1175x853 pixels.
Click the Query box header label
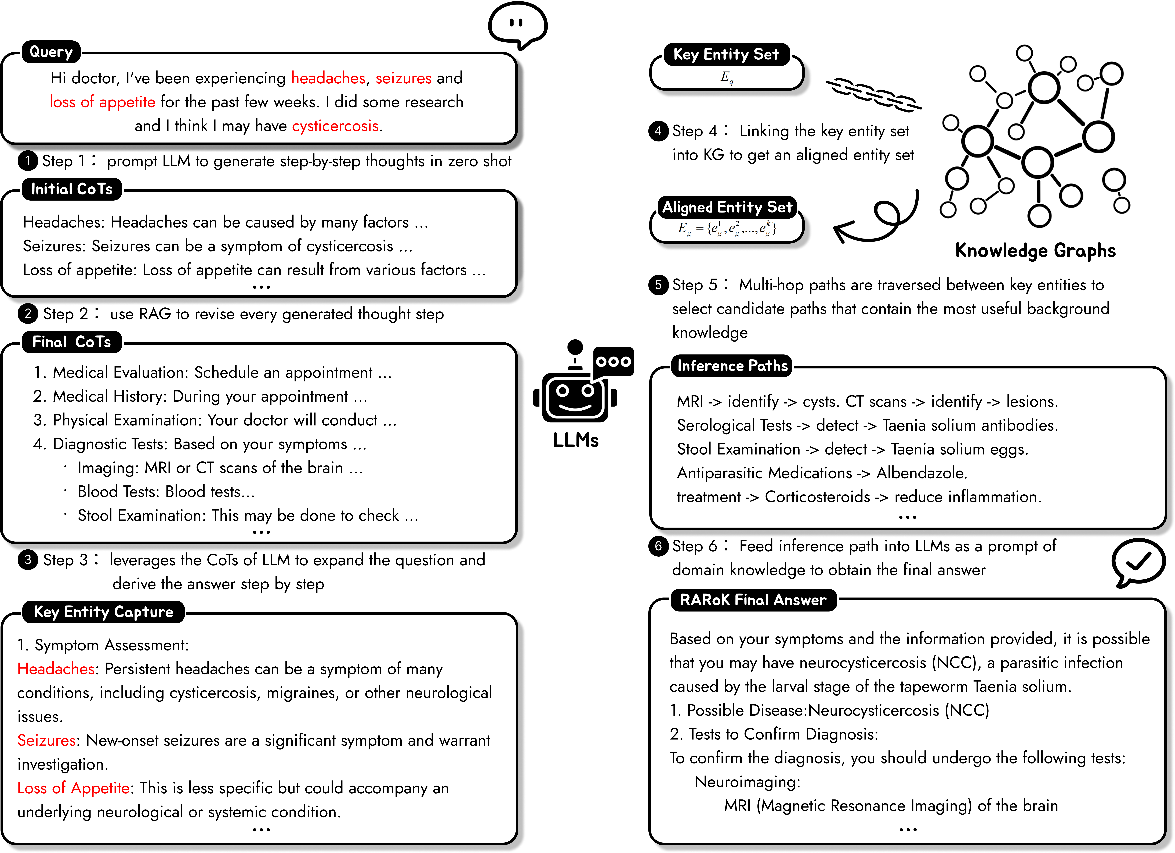click(51, 52)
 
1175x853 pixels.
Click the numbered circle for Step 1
click(27, 161)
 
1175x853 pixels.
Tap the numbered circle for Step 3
click(27, 560)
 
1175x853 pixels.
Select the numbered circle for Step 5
click(658, 285)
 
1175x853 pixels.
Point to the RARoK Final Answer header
click(753, 600)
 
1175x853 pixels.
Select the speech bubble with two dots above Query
click(517, 24)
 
